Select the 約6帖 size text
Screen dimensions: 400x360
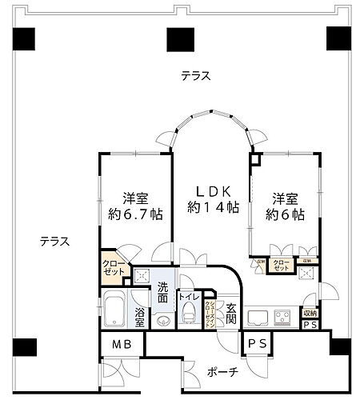click(x=287, y=214)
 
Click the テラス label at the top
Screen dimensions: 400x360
click(x=195, y=76)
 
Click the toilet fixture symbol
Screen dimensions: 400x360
click(x=188, y=317)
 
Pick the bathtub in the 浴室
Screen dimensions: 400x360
click(x=112, y=309)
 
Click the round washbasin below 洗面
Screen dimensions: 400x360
click(x=164, y=322)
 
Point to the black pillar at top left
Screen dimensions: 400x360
click(x=25, y=38)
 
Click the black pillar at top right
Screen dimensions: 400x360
click(x=339, y=38)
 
